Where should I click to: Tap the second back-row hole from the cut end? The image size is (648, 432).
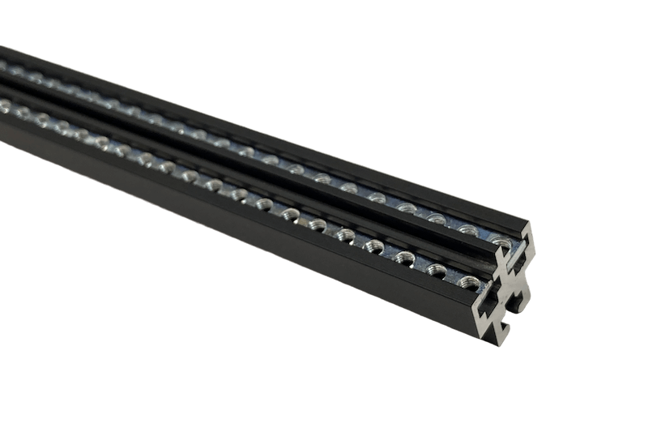[x=467, y=228]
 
